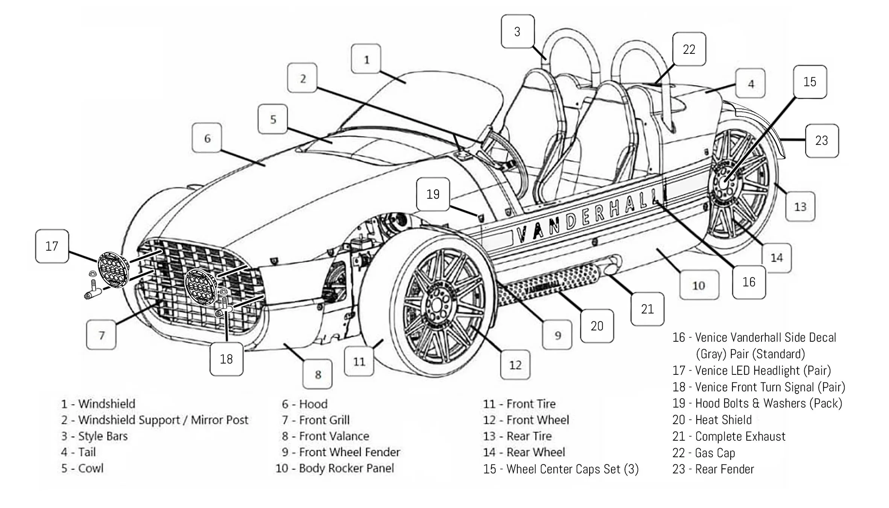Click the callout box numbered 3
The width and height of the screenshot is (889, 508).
point(518,31)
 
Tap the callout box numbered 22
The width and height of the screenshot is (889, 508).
point(689,49)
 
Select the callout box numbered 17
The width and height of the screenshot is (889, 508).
point(52,246)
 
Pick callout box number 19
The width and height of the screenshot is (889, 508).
point(433,194)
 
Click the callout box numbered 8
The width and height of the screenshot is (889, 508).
point(318,374)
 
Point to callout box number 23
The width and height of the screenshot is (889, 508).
point(822,141)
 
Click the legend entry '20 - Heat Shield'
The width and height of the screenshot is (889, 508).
point(712,420)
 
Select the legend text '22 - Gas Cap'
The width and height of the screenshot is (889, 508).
point(704,453)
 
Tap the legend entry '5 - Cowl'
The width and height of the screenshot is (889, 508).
point(82,468)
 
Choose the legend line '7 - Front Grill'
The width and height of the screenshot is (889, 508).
point(316,420)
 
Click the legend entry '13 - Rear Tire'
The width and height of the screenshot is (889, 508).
point(517,436)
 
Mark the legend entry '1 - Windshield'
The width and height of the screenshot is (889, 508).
point(98,404)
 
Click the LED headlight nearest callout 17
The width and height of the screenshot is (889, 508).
point(113,269)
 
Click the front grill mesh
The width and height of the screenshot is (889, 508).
point(199,286)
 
